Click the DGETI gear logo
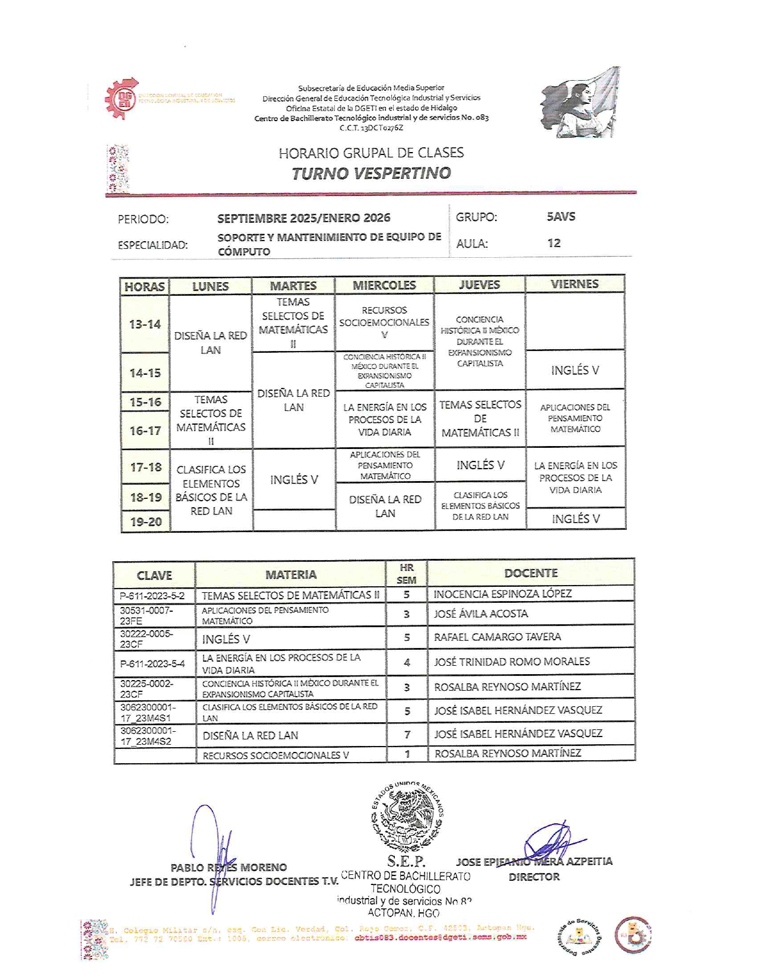[x=122, y=98]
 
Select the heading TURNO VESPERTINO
[x=371, y=173]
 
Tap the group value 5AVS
[x=560, y=217]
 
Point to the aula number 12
[x=553, y=243]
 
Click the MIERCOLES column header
[x=384, y=285]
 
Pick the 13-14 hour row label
[x=145, y=324]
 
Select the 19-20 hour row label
[x=145, y=521]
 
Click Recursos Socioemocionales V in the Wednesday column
[x=384, y=322]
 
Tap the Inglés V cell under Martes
[x=293, y=479]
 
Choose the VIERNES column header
[x=574, y=284]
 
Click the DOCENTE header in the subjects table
[x=531, y=573]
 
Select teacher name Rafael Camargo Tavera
[x=497, y=637]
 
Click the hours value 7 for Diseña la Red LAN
[x=407, y=735]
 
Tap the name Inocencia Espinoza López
[x=502, y=594]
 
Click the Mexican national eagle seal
[x=406, y=817]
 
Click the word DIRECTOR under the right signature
[x=534, y=877]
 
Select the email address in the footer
[x=440, y=938]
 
